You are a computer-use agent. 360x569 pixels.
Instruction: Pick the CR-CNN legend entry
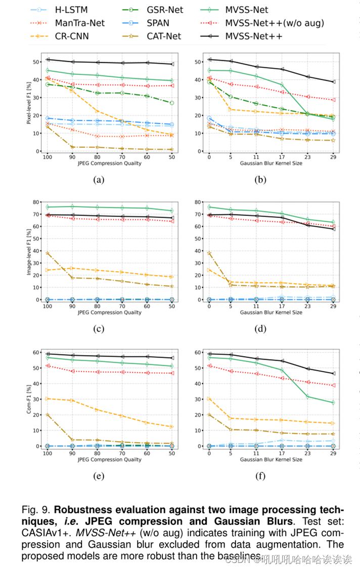point(70,35)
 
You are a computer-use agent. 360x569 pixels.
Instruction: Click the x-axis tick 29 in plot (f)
point(333,453)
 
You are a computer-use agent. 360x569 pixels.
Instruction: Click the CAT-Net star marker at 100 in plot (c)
point(47,253)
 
